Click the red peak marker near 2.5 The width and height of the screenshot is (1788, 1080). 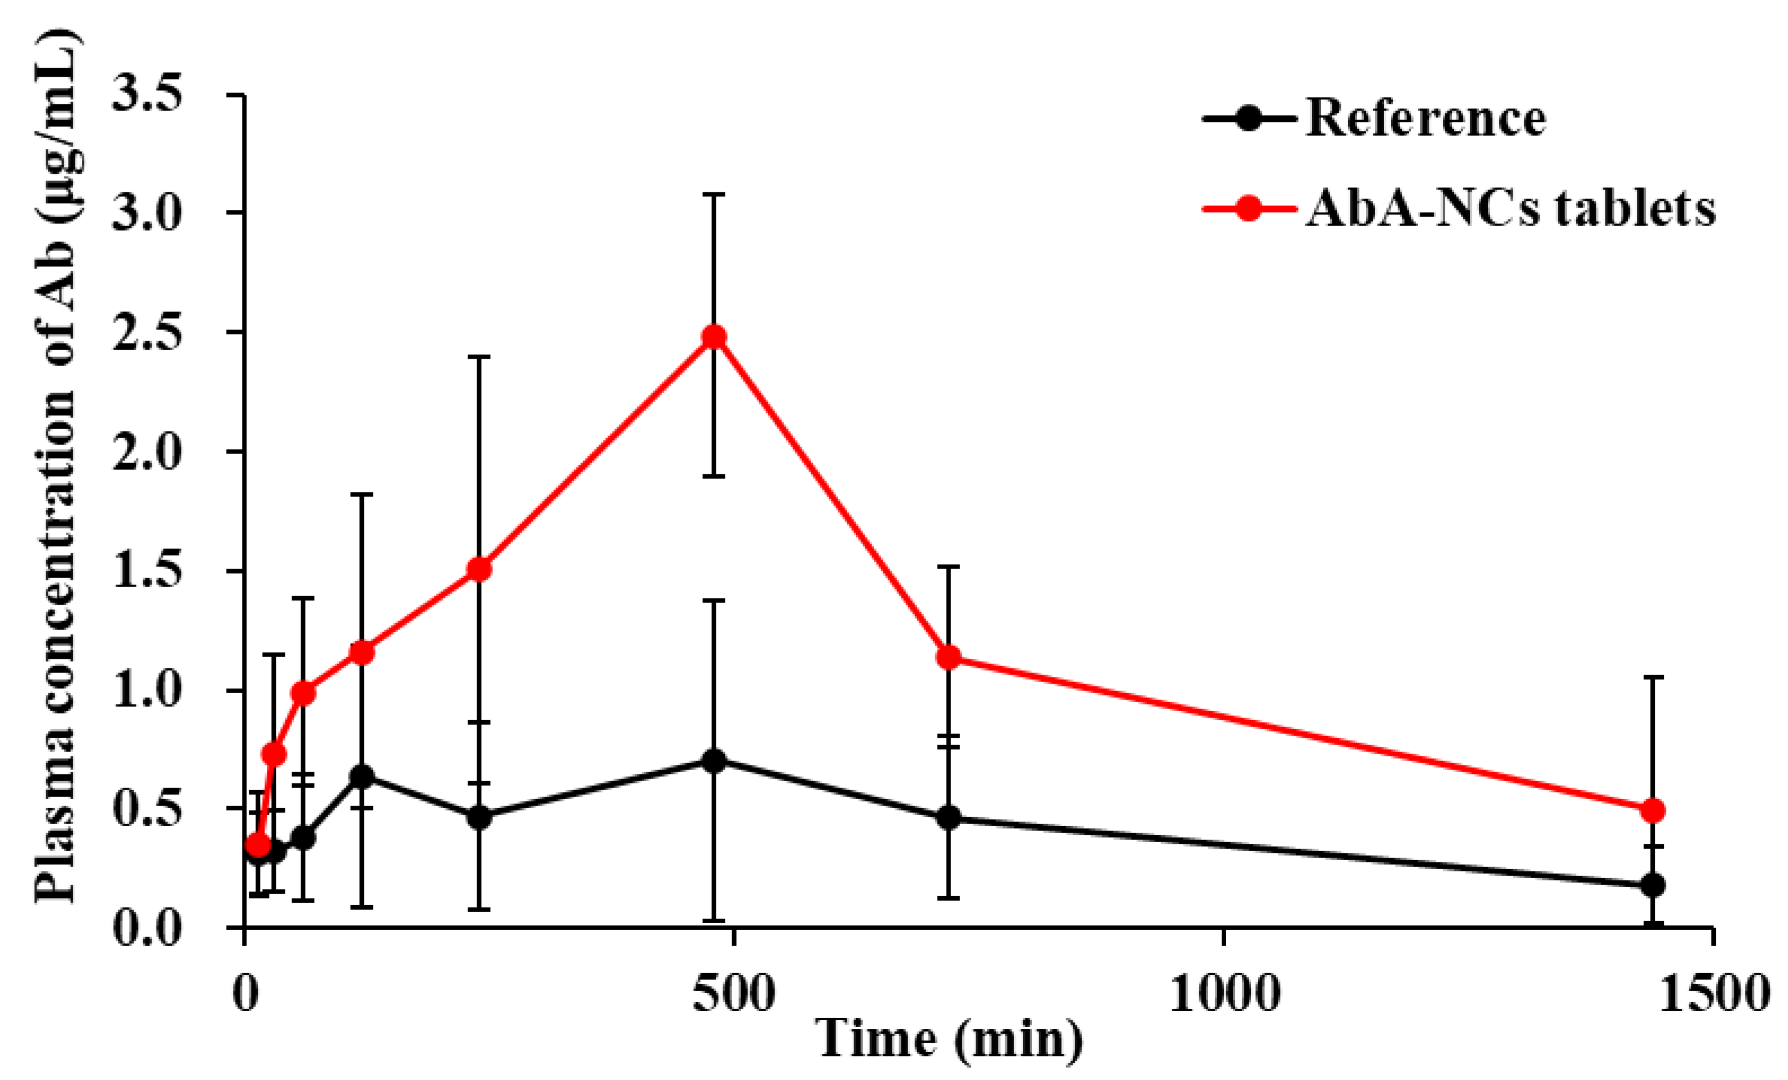click(714, 337)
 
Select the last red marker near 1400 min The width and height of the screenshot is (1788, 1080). click(1652, 810)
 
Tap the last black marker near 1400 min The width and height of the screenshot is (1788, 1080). click(1652, 885)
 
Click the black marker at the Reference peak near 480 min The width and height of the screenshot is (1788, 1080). click(714, 761)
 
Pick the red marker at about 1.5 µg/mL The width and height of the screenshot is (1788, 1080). click(479, 570)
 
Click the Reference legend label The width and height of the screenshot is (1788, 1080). click(1425, 118)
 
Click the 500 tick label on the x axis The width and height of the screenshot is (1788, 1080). click(734, 994)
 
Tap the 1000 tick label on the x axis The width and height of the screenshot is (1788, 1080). click(1223, 994)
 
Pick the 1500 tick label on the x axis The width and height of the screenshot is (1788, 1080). click(1712, 994)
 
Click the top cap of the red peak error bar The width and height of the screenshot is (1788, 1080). click(714, 195)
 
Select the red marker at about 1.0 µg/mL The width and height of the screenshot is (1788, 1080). click(303, 693)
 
